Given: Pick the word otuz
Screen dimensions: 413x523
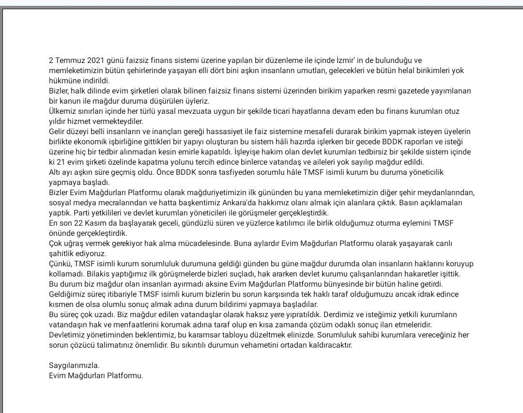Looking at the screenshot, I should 452,111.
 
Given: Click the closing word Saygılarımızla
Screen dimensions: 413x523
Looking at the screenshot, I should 74,365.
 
